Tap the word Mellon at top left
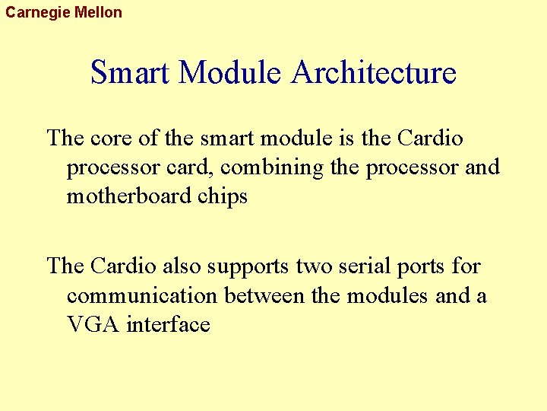tap(98, 12)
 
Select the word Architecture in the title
tap(374, 73)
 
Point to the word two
tap(311, 266)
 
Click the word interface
tap(168, 324)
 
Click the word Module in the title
tap(232, 73)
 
